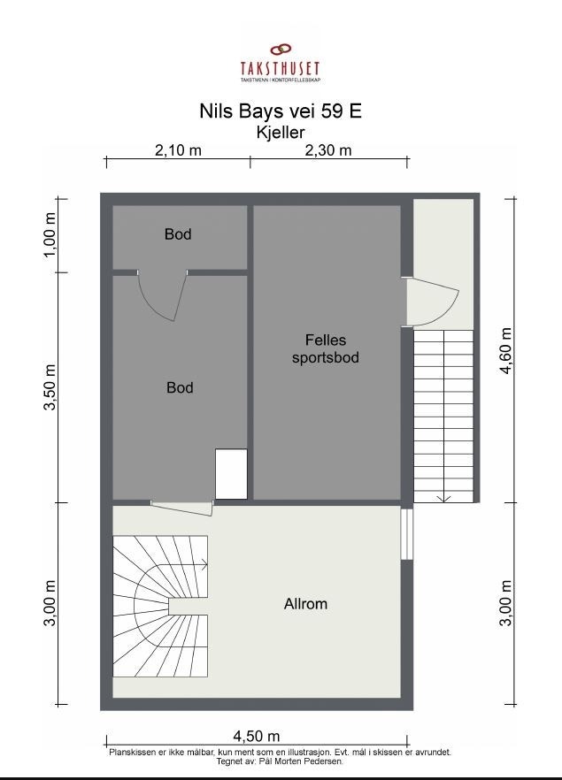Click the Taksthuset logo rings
coord(281,49)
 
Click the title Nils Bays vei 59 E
coord(281,111)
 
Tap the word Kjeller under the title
coord(281,133)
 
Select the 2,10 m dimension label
coord(178,149)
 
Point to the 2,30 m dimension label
coord(328,149)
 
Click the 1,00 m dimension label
coord(50,235)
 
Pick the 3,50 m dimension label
coord(50,387)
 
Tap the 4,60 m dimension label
coord(505,351)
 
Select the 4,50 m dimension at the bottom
coord(257,736)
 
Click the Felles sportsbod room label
coord(326,348)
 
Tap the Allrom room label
coord(305,604)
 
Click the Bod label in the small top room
coord(178,233)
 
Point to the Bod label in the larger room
coord(180,387)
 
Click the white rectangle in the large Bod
coord(232,474)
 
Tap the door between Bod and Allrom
coord(182,509)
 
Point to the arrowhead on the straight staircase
coord(444,499)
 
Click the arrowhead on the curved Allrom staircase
coord(204,564)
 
